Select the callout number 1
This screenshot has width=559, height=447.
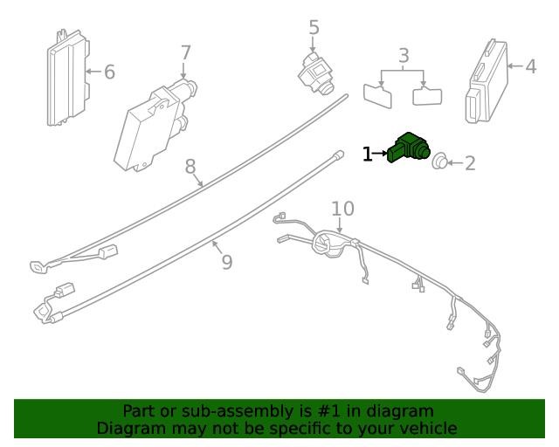368,155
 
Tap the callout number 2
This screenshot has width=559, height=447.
470,163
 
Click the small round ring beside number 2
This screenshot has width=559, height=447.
439,162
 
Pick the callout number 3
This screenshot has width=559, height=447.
404,55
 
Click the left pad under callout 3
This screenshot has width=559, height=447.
377,95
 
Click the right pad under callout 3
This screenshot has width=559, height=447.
427,95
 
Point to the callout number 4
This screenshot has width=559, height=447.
531,66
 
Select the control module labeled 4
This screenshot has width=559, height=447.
487,81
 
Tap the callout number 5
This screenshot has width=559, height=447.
314,27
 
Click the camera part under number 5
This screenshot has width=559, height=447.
315,74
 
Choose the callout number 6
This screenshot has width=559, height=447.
110,72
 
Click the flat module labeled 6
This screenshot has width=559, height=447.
68,78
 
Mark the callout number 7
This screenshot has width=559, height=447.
186,52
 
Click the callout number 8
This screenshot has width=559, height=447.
190,167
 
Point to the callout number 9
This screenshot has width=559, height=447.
227,262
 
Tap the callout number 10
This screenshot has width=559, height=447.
343,209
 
